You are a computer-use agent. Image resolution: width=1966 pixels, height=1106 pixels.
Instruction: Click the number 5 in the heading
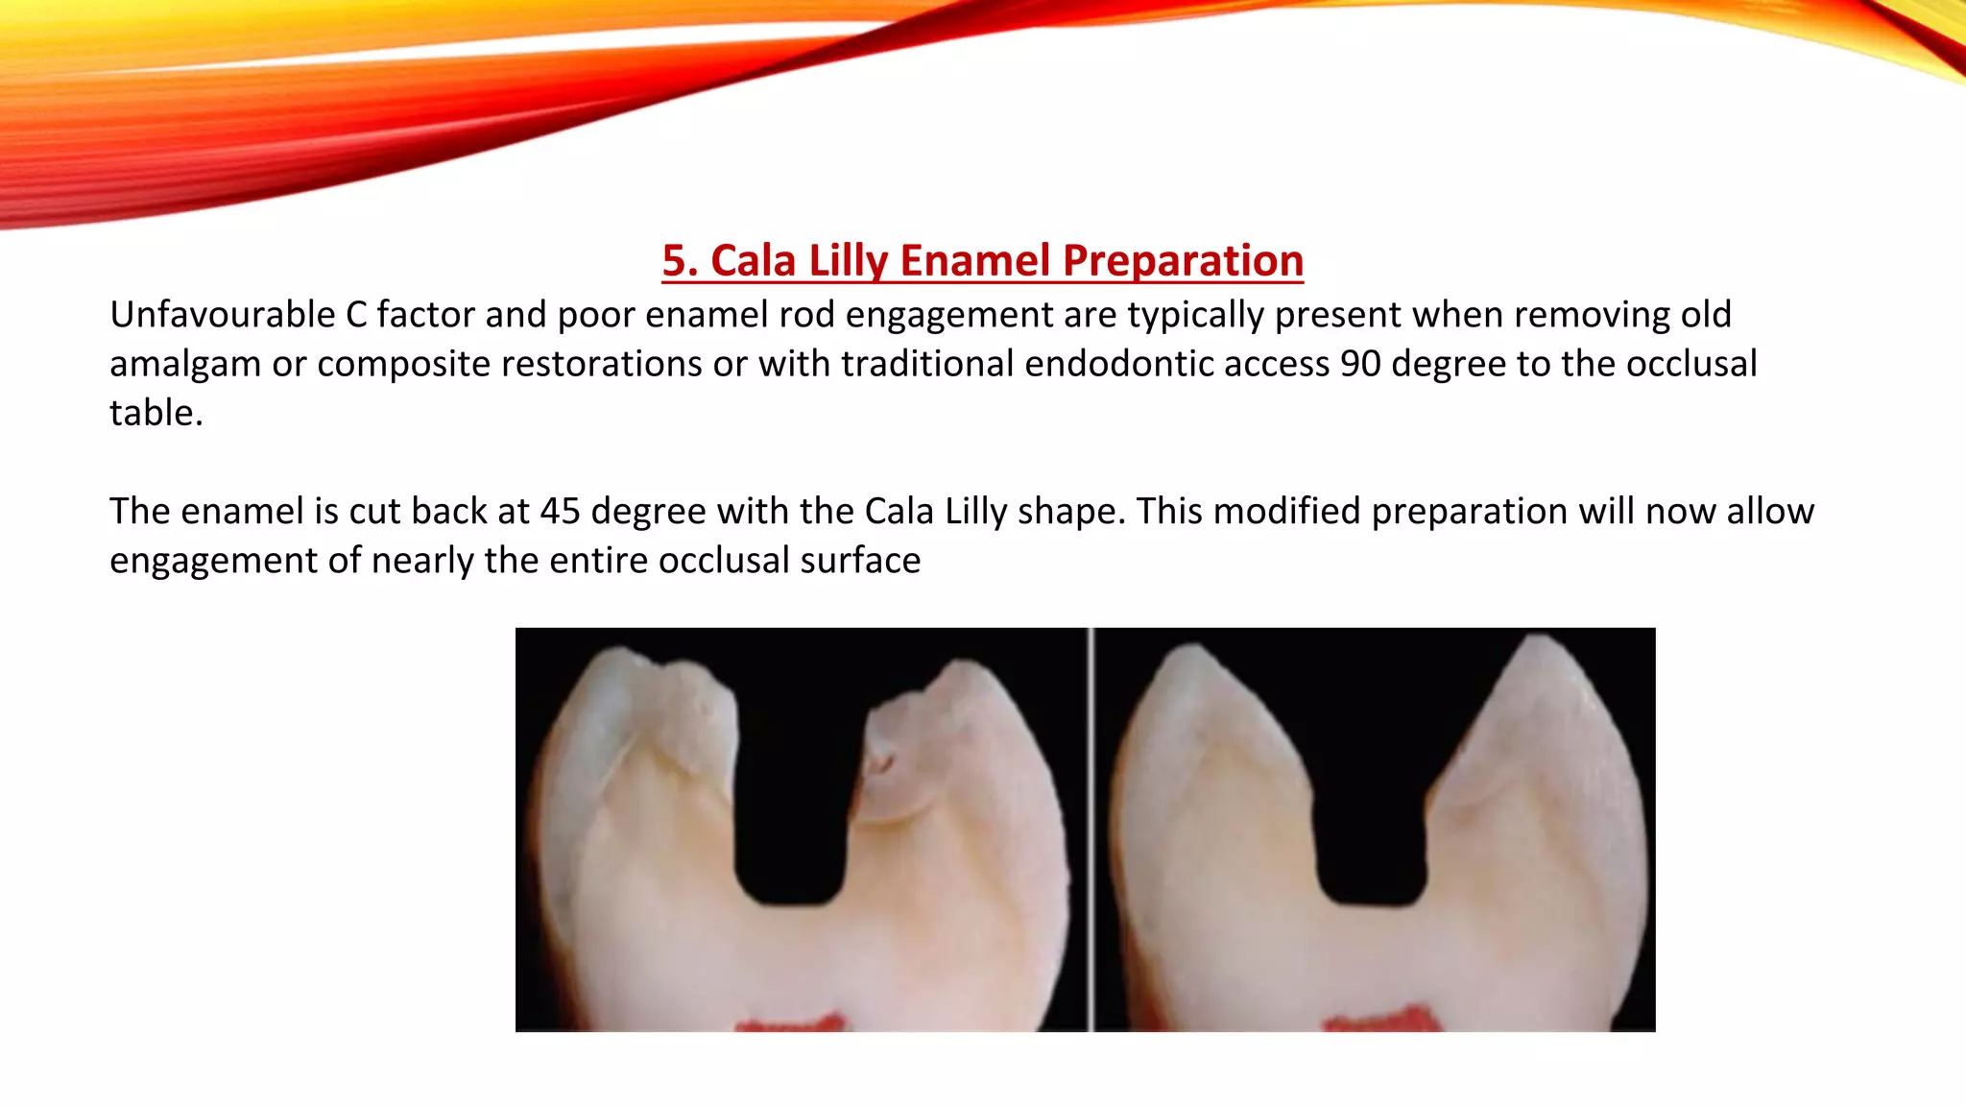pos(674,260)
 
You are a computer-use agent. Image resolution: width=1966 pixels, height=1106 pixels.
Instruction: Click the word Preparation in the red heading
pos(1183,261)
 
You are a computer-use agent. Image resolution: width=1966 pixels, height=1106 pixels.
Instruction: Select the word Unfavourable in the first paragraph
pos(220,315)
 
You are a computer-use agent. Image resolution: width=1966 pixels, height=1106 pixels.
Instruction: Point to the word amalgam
pos(183,365)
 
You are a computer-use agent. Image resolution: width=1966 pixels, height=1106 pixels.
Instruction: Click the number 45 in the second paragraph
pos(560,511)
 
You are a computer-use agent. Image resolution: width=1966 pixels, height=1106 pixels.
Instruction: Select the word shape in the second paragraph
pos(1069,513)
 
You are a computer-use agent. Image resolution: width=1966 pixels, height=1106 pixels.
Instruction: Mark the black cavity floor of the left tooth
pos(789,888)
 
